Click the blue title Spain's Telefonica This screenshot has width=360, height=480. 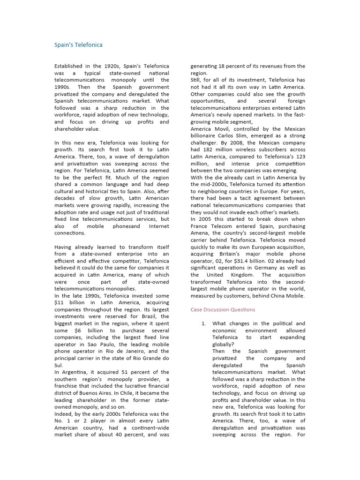click(x=78, y=45)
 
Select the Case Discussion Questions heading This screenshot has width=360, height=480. click(x=223, y=310)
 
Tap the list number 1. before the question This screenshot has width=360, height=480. click(x=203, y=324)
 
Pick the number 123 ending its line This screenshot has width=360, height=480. click(x=300, y=157)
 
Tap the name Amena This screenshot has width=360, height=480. click(x=201, y=233)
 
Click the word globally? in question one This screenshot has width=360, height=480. click(x=225, y=345)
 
